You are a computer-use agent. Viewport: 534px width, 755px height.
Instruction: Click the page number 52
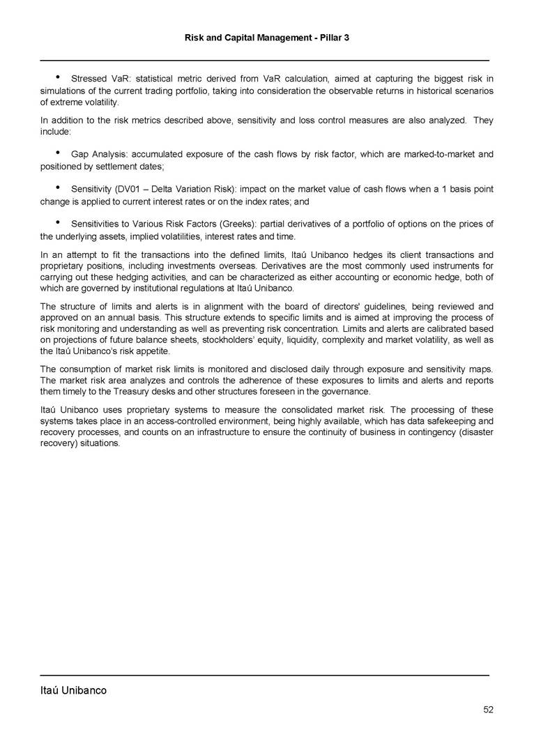pyautogui.click(x=488, y=710)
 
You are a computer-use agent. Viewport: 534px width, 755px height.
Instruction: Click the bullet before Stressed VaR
pyautogui.click(x=56, y=77)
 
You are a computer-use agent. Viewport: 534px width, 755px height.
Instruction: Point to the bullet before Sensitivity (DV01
pyautogui.click(x=56, y=188)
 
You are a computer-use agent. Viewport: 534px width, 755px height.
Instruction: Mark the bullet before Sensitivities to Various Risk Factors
pyautogui.click(x=56, y=223)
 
